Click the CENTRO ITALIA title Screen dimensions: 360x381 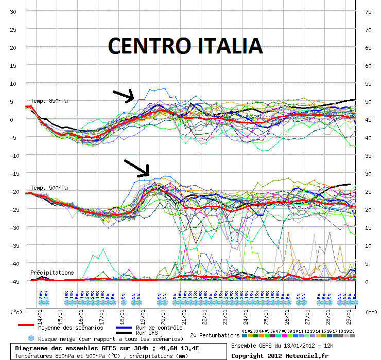185,46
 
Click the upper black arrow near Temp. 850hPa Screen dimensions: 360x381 124,96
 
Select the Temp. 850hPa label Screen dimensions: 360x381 49,101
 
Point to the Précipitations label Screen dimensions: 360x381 52,273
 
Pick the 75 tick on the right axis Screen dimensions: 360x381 368,11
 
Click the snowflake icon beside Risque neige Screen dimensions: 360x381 30,338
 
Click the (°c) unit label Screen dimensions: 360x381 16,312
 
